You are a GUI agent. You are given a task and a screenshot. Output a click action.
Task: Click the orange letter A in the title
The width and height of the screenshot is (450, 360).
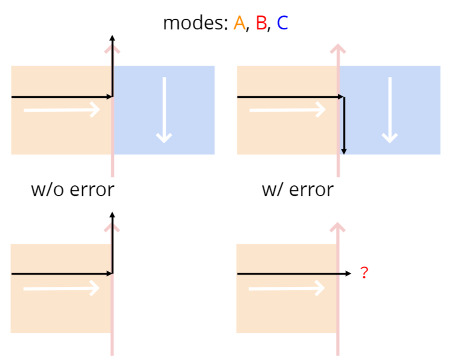tap(239, 23)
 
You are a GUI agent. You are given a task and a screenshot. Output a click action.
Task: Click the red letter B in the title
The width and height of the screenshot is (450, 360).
tap(261, 23)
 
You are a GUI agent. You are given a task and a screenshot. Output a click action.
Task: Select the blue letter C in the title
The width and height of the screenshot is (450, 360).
tap(282, 23)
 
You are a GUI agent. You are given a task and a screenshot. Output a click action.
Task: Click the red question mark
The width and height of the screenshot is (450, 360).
tap(364, 273)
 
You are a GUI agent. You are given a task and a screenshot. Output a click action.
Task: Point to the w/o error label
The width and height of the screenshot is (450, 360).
tap(73, 189)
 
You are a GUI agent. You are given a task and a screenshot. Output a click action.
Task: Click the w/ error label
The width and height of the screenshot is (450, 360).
tap(298, 189)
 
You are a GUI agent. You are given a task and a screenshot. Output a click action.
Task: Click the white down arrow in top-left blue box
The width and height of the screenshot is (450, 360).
tap(164, 109)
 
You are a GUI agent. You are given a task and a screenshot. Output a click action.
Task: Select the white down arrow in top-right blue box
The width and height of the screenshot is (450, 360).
tap(390, 109)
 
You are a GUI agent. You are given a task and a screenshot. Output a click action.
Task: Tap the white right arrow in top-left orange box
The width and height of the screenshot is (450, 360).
tap(62, 110)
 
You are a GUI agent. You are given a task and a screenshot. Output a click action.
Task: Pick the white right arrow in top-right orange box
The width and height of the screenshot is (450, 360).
tap(288, 110)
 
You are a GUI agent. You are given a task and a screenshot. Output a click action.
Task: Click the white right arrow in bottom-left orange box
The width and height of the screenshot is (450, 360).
tap(62, 288)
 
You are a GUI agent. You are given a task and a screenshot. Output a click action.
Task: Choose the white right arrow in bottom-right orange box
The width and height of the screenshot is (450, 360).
tap(288, 288)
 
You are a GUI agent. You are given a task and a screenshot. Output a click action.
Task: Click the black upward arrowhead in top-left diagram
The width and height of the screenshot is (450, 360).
tap(112, 37)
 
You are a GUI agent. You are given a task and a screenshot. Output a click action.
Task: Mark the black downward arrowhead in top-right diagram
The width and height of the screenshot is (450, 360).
tap(344, 152)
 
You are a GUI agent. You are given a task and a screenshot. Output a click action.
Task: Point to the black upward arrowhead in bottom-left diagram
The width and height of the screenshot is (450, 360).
tap(112, 215)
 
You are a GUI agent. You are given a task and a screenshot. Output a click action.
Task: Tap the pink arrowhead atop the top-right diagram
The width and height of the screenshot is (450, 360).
tap(338, 48)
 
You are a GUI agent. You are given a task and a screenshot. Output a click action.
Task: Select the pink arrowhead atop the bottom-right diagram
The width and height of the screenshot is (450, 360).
tap(338, 226)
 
